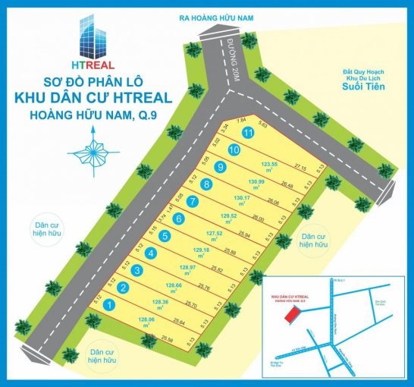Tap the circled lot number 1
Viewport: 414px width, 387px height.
tap(111, 306)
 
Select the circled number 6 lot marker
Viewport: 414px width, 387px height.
tap(179, 219)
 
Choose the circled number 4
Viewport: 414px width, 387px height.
tap(152, 253)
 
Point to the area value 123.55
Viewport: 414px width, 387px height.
tap(271, 164)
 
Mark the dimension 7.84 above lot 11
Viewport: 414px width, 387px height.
tap(242, 119)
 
